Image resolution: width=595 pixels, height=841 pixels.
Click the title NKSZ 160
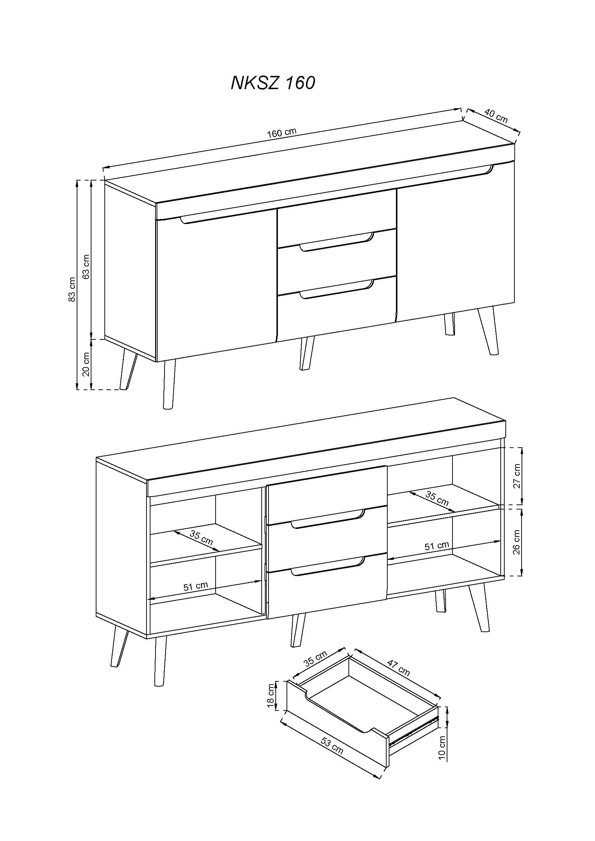pyautogui.click(x=272, y=83)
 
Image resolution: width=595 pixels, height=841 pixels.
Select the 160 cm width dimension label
pyautogui.click(x=281, y=133)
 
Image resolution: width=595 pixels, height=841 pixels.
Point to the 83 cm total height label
pyautogui.click(x=72, y=289)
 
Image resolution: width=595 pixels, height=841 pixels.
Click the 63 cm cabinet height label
pyautogui.click(x=86, y=266)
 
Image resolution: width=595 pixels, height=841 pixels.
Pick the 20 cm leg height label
pyautogui.click(x=86, y=364)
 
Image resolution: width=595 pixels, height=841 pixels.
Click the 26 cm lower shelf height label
pyautogui.click(x=517, y=542)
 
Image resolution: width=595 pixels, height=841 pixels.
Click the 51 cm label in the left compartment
pyautogui.click(x=195, y=586)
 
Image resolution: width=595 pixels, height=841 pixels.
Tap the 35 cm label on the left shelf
pyautogui.click(x=201, y=537)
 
